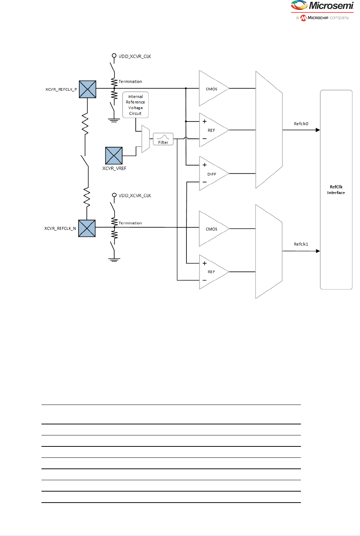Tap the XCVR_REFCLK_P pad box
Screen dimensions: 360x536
[87, 89]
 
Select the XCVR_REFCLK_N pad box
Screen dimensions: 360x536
[87, 228]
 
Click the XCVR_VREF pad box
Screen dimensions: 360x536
[114, 156]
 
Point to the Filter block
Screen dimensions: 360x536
[163, 139]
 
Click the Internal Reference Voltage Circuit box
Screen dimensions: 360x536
[135, 105]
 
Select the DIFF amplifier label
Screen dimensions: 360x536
[212, 174]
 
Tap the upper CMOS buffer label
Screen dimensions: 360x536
[211, 89]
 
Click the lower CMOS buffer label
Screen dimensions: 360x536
[211, 229]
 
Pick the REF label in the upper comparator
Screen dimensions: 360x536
[211, 130]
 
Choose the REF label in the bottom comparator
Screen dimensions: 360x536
[211, 272]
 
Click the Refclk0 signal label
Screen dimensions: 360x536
[301, 124]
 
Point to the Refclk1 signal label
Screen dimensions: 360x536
[301, 244]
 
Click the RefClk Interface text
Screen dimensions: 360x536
[336, 190]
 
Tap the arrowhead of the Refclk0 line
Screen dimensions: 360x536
[318, 130]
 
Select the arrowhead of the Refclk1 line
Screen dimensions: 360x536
[318, 251]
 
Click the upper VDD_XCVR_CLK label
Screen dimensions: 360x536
[135, 57]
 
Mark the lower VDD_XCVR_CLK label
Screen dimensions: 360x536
[135, 196]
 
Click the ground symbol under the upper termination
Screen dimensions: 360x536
[114, 120]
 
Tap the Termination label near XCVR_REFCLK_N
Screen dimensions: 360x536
[130, 223]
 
